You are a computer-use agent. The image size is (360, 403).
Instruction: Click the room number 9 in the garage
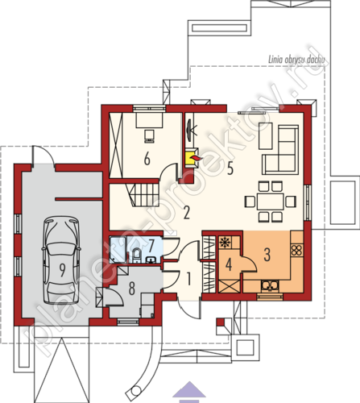point(62,270)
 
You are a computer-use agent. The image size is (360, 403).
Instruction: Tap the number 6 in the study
point(147,159)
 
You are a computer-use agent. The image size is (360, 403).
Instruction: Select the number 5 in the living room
point(230,168)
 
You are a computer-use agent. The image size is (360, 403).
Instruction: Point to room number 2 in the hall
point(186,213)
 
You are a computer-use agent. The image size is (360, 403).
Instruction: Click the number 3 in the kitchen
point(267,255)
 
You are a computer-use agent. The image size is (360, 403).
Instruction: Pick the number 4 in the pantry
point(229,264)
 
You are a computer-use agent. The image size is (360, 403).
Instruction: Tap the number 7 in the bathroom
point(151,246)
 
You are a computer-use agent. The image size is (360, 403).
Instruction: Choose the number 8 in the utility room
point(131,289)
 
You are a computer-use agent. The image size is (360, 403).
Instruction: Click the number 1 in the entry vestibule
point(188,279)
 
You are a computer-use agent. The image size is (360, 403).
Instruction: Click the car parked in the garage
point(62,260)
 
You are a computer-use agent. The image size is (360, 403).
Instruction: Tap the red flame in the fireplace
point(196,158)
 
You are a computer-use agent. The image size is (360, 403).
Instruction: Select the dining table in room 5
point(270,201)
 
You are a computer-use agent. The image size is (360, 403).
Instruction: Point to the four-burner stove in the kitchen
point(297,250)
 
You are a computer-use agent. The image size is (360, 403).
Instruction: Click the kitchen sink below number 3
point(270,285)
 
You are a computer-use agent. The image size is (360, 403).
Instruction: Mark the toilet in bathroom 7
point(137,256)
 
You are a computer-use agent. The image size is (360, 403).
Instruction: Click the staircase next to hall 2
point(143,193)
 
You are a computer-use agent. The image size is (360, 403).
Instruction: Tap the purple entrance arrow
point(189,392)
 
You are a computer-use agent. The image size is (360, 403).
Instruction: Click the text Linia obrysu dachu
point(296,60)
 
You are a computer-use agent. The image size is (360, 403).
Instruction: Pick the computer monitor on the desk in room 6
point(149,136)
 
